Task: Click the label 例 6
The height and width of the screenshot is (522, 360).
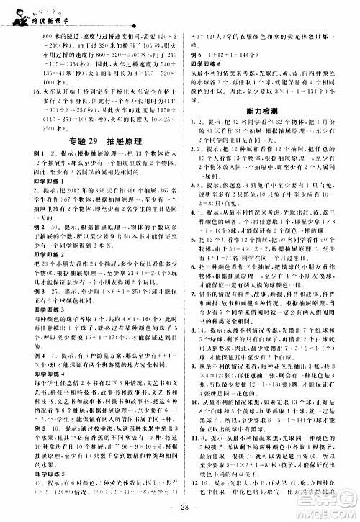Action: tap(195, 55)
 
